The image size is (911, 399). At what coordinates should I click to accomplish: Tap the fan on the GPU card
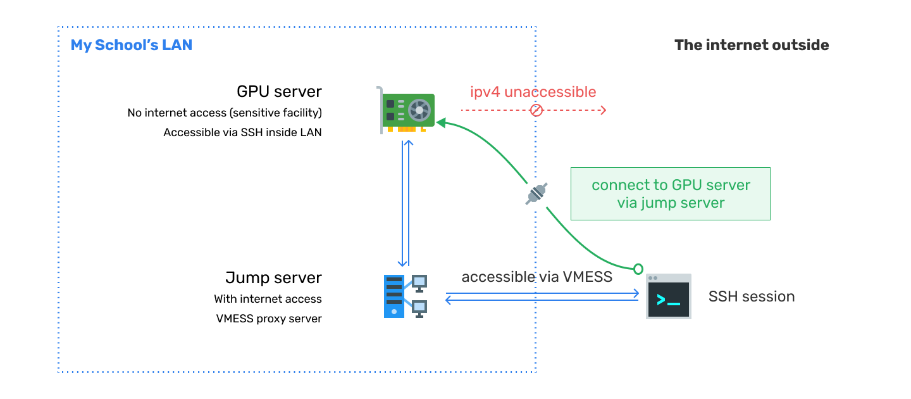418,110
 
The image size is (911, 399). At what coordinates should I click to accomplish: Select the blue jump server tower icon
394,296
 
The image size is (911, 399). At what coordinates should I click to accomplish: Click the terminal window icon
669,296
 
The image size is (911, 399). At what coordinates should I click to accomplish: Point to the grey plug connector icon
536,194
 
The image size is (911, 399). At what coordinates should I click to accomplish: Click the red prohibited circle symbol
536,110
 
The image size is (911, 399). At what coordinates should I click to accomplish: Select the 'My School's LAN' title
132,45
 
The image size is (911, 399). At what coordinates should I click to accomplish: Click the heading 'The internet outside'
752,45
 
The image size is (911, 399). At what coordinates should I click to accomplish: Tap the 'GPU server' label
279,91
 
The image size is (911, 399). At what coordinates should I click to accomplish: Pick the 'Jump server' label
273,277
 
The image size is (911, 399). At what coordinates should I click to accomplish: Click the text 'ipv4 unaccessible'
533,92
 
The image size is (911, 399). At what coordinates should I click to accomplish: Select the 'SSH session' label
752,296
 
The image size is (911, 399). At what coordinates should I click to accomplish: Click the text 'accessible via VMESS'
537,277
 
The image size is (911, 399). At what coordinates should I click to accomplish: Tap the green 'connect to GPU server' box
671,194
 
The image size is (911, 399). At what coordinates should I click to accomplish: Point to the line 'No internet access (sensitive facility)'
225,113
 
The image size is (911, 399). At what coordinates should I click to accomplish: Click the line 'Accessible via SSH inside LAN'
242,132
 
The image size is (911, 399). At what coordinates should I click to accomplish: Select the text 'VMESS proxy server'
269,319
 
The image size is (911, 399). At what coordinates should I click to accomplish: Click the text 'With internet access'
268,299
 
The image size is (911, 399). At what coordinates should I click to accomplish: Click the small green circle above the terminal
638,269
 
